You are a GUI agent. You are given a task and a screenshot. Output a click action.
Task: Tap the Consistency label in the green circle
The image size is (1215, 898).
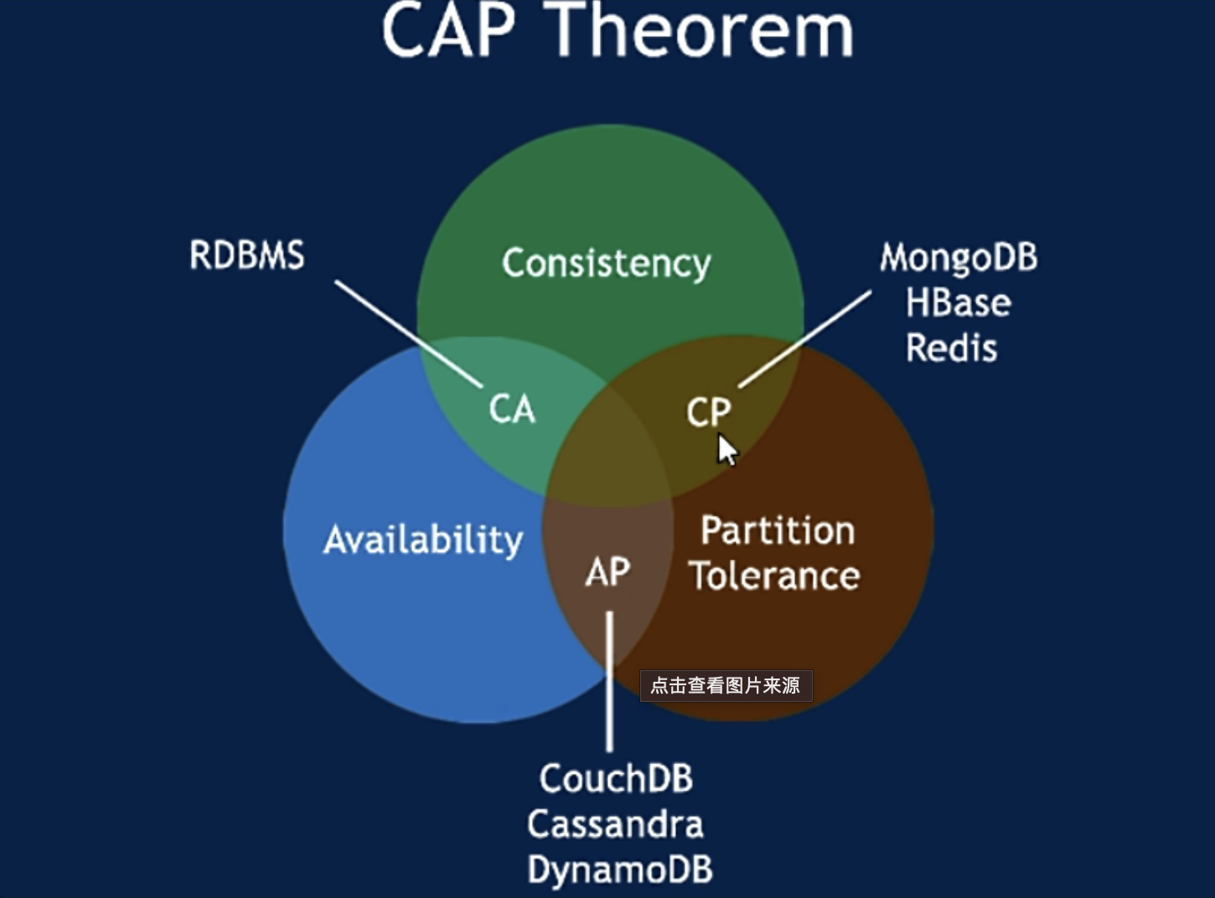(x=607, y=264)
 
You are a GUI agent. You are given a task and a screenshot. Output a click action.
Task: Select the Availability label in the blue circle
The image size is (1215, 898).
(x=423, y=541)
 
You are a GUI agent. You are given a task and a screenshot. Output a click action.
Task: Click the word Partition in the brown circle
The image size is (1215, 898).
(x=778, y=530)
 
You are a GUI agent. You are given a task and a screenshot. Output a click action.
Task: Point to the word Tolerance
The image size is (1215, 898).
(x=774, y=575)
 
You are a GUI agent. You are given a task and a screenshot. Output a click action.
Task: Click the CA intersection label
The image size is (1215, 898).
(x=512, y=410)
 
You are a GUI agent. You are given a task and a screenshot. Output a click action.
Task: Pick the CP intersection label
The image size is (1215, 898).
(x=709, y=411)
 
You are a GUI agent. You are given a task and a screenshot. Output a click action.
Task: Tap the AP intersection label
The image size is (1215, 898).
(x=608, y=572)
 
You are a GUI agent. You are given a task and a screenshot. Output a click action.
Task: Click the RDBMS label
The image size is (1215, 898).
(x=246, y=255)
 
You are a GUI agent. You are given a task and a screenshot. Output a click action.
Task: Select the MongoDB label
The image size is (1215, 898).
(x=959, y=257)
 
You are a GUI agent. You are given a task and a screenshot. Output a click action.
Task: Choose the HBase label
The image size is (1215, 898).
(x=958, y=302)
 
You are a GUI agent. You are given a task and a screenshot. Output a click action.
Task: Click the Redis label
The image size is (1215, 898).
(x=952, y=348)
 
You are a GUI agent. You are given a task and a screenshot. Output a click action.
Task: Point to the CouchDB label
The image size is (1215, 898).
(x=616, y=778)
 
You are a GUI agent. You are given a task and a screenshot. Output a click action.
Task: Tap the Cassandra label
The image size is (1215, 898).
(x=615, y=824)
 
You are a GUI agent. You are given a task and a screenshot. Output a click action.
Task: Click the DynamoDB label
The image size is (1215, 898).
(x=620, y=870)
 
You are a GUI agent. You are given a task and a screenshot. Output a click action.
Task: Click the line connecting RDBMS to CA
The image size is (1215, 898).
(x=409, y=334)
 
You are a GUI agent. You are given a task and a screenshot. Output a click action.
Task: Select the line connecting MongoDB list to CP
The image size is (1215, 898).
(x=804, y=339)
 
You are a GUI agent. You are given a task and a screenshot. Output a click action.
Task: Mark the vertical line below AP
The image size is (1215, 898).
(x=609, y=682)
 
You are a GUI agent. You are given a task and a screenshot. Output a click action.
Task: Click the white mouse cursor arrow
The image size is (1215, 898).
(x=727, y=449)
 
